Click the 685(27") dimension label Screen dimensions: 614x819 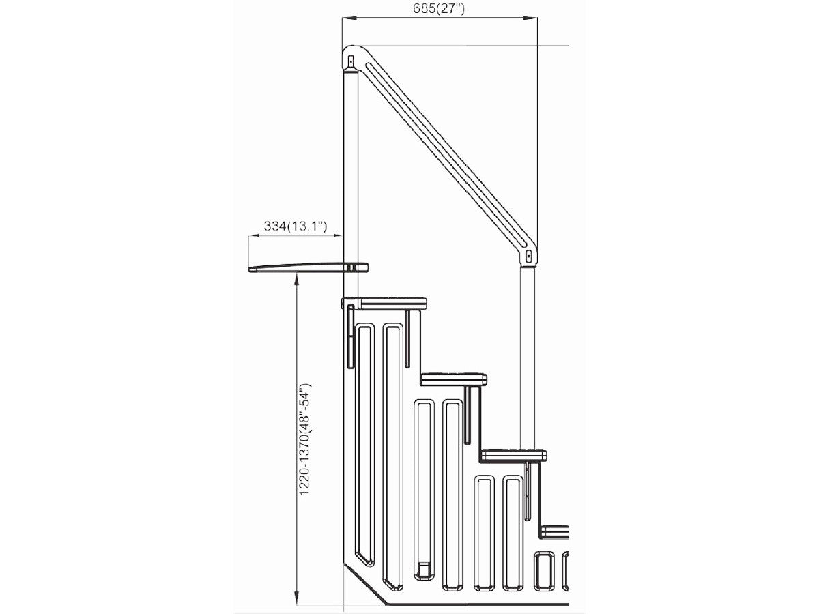click(x=439, y=9)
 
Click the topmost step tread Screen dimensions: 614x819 click(x=392, y=303)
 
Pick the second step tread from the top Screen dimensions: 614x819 click(x=453, y=379)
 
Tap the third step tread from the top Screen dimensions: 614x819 click(x=513, y=454)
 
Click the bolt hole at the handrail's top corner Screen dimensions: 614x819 click(x=351, y=60)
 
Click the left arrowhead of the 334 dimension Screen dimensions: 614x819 click(x=251, y=236)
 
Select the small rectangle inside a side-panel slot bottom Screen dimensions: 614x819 click(x=424, y=569)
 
